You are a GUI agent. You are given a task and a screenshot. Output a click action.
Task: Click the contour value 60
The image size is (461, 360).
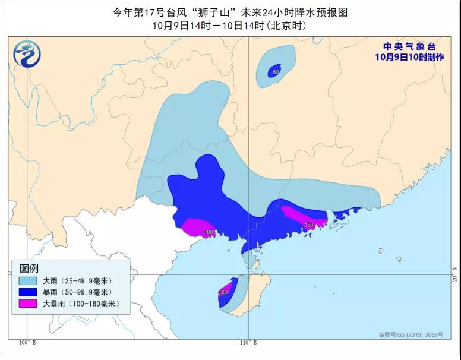[275, 72]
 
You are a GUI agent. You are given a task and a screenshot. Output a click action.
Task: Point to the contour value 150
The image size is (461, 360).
[309, 225]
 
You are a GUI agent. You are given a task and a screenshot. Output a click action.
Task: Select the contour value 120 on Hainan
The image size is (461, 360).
[223, 292]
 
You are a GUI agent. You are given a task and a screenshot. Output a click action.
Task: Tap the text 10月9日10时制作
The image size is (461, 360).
[409, 57]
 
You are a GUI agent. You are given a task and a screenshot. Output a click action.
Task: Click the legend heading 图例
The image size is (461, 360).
[29, 268]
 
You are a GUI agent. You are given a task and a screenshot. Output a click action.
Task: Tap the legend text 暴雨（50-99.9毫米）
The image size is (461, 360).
[77, 292]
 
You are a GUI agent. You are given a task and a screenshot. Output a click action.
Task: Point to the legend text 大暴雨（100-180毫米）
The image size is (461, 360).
[81, 304]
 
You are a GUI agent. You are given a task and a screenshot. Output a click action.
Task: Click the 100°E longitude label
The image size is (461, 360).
[27, 342]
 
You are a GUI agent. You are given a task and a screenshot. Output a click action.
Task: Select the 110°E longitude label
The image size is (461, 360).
[248, 342]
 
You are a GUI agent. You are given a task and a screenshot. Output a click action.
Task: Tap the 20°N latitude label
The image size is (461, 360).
[454, 277]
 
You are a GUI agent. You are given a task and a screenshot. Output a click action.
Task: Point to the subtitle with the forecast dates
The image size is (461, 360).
[230, 26]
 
